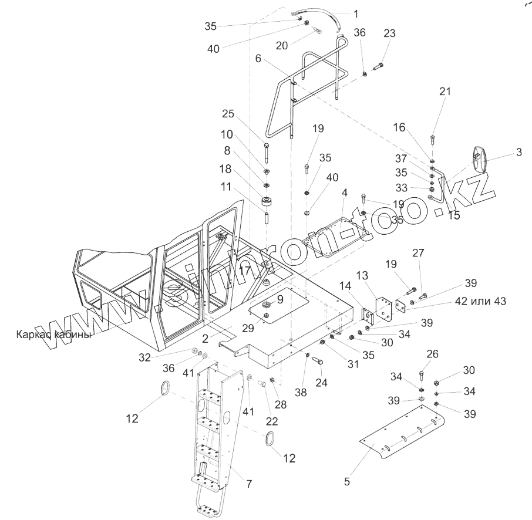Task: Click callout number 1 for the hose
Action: [355, 13]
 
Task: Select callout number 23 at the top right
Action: [390, 33]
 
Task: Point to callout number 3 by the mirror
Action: [518, 153]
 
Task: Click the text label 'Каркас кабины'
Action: [55, 335]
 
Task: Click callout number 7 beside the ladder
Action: [249, 484]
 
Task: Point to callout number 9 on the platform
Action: [280, 298]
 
